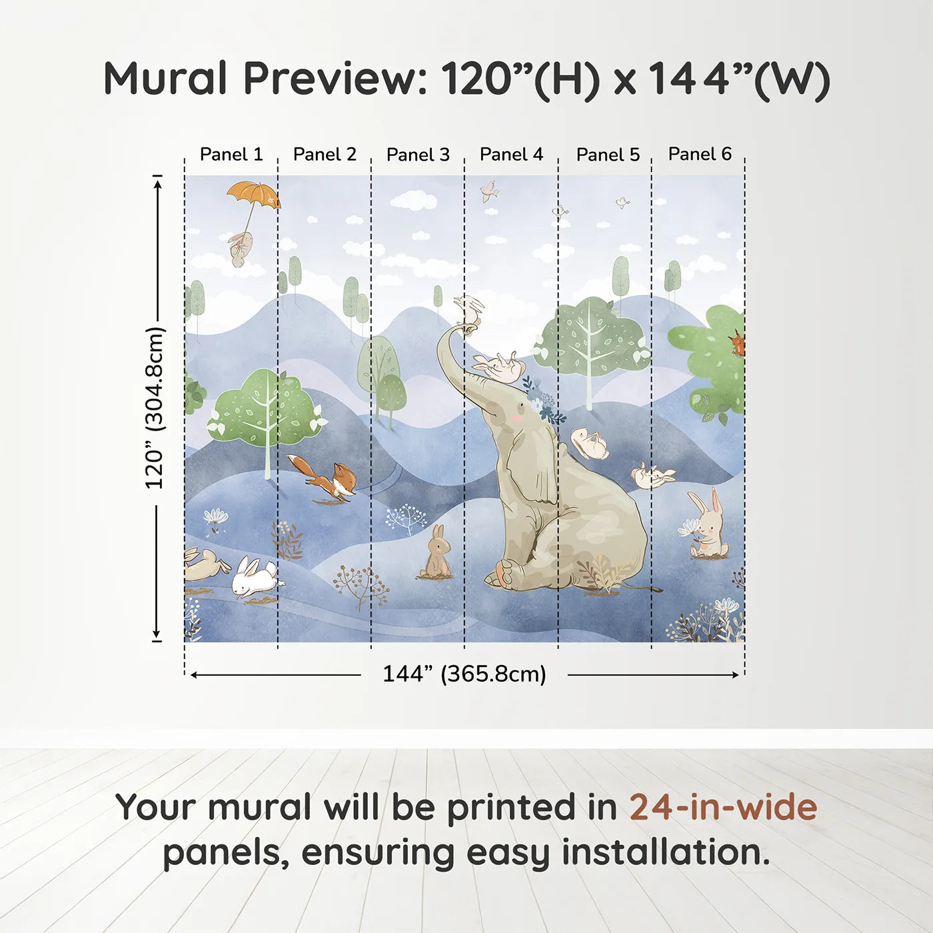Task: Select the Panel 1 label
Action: point(231,155)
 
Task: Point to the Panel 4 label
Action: point(511,155)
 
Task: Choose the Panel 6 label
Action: point(700,154)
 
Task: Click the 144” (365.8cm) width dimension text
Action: point(465,674)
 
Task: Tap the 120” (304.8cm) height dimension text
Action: point(155,408)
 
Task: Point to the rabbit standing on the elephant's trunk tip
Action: point(468,309)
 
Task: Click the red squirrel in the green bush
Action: point(736,343)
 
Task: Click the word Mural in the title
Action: point(165,79)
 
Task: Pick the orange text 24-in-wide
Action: point(723,808)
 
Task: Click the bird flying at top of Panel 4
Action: point(490,191)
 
